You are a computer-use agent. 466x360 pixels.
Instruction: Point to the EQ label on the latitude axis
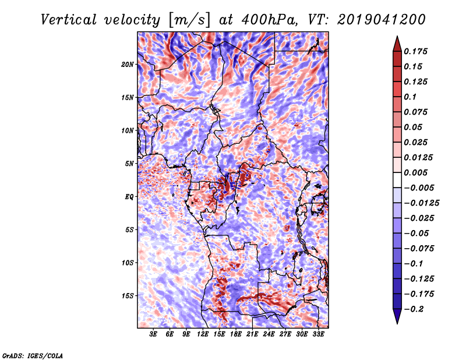[x=129, y=197]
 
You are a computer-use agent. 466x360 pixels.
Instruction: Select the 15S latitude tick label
[x=128, y=296]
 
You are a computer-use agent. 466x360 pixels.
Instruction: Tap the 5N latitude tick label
[x=130, y=164]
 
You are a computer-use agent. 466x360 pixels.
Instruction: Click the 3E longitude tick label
[x=153, y=334]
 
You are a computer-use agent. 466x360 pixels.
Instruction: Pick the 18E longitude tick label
[x=236, y=334]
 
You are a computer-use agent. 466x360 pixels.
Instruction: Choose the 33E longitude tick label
[x=319, y=334]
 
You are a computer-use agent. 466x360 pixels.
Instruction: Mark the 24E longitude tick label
[x=269, y=334]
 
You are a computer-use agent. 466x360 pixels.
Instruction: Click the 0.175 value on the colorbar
[x=418, y=51]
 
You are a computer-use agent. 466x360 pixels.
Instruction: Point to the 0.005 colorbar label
[x=418, y=172]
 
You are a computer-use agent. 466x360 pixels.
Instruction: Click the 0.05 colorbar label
[x=415, y=127]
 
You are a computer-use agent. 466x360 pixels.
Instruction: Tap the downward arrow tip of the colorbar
[x=396, y=322]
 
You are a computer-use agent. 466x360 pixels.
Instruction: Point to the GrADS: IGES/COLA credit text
[x=32, y=355]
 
